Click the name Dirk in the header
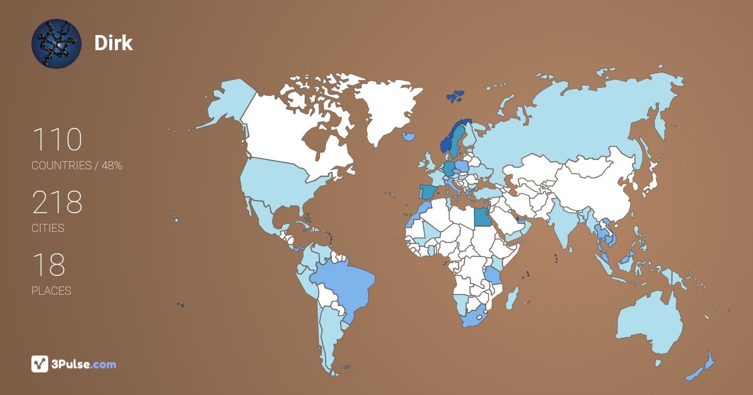(113, 43)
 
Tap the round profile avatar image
(56, 43)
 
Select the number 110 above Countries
(56, 140)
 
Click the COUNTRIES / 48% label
(77, 166)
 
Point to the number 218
(57, 203)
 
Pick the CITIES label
(48, 228)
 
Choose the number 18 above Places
(48, 265)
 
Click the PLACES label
(51, 291)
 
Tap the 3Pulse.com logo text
(85, 364)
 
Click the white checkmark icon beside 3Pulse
(40, 364)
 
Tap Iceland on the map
(410, 135)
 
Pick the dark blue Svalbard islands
(456, 96)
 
